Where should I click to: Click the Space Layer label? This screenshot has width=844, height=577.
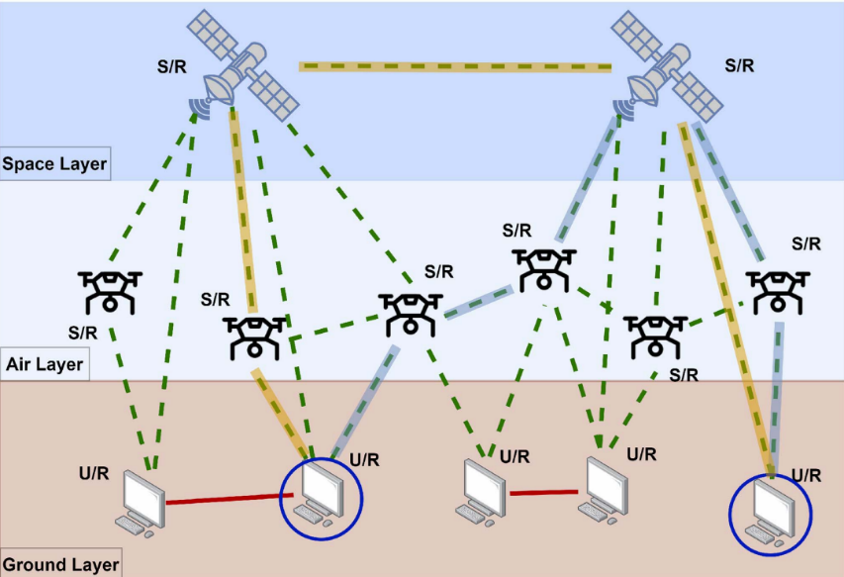tap(54, 163)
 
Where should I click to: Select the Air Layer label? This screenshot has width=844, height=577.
tap(45, 364)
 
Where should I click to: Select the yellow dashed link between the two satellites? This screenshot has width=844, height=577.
tap(455, 67)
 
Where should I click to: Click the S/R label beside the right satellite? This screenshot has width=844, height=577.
tap(739, 66)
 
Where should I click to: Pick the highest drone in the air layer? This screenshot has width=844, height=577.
tap(542, 268)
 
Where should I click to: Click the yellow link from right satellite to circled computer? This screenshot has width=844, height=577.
tap(724, 297)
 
